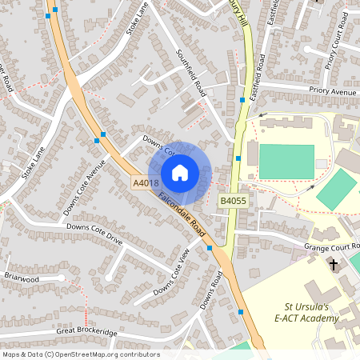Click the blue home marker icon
[x=180, y=172]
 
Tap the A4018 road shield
[x=144, y=183]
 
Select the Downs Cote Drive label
[x=94, y=233]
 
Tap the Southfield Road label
[x=191, y=72]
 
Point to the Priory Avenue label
[x=334, y=92]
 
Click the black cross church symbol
[x=334, y=264]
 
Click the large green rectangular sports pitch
[x=286, y=162]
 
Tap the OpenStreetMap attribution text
[x=81, y=354]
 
